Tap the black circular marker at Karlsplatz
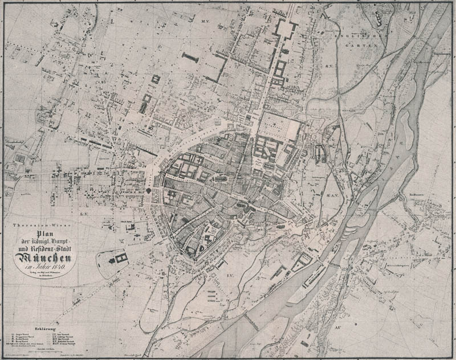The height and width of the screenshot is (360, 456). pos(148,192)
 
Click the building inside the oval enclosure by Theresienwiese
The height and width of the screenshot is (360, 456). pos(121,259)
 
